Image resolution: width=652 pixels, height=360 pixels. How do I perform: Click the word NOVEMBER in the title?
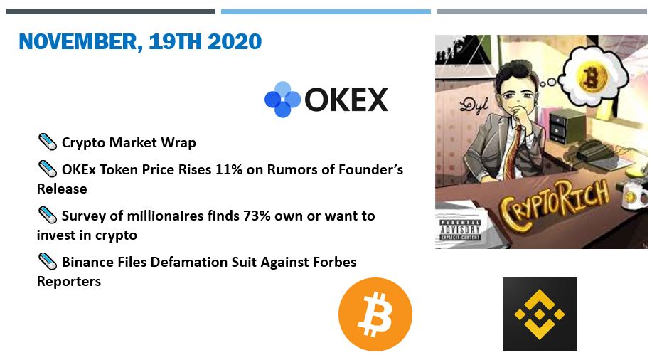click(78, 42)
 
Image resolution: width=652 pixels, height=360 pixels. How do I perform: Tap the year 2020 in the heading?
click(235, 41)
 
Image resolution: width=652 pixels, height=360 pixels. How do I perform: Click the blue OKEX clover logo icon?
click(282, 100)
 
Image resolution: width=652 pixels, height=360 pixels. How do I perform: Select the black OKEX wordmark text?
click(346, 100)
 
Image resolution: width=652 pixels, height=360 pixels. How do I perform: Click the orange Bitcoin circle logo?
click(375, 314)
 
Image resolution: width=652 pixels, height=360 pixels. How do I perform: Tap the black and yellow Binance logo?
click(540, 314)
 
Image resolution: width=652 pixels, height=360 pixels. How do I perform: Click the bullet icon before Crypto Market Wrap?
click(48, 142)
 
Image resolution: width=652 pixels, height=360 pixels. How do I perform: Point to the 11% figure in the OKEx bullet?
click(229, 169)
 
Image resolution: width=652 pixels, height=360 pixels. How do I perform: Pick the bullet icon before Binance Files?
click(48, 262)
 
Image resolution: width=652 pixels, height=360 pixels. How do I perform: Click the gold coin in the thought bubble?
click(590, 78)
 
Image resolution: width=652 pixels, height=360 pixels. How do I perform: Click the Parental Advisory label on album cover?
click(460, 229)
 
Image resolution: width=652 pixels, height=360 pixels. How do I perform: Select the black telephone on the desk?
click(594, 150)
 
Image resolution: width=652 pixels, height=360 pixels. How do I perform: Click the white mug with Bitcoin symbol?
click(634, 195)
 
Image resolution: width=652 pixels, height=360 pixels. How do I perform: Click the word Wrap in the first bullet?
click(178, 143)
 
